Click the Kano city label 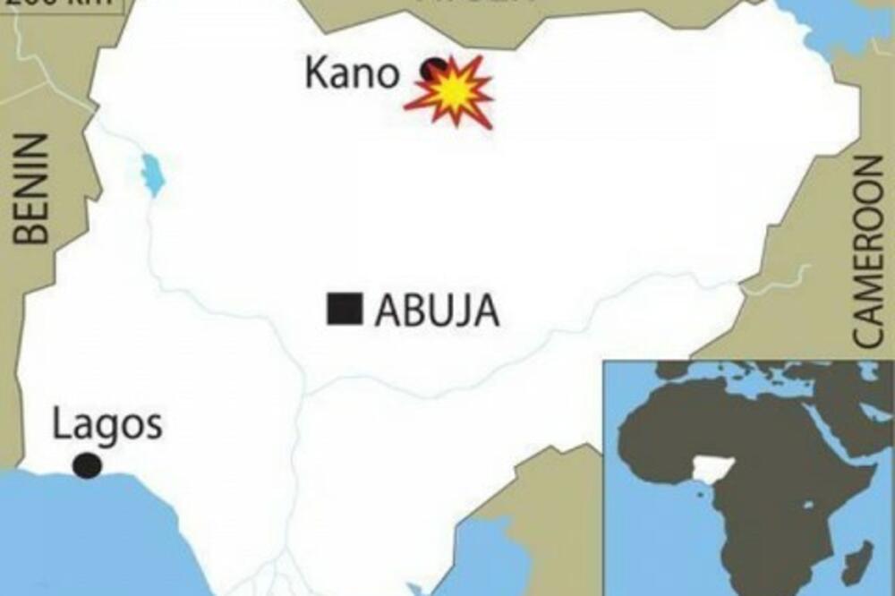click(x=351, y=73)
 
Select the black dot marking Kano click(x=434, y=68)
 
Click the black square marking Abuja click(x=345, y=309)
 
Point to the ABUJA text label click(x=436, y=311)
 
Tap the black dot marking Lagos click(x=87, y=465)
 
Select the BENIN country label click(x=34, y=190)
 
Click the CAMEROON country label click(x=865, y=251)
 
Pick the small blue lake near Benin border click(x=153, y=174)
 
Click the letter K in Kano click(x=316, y=73)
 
